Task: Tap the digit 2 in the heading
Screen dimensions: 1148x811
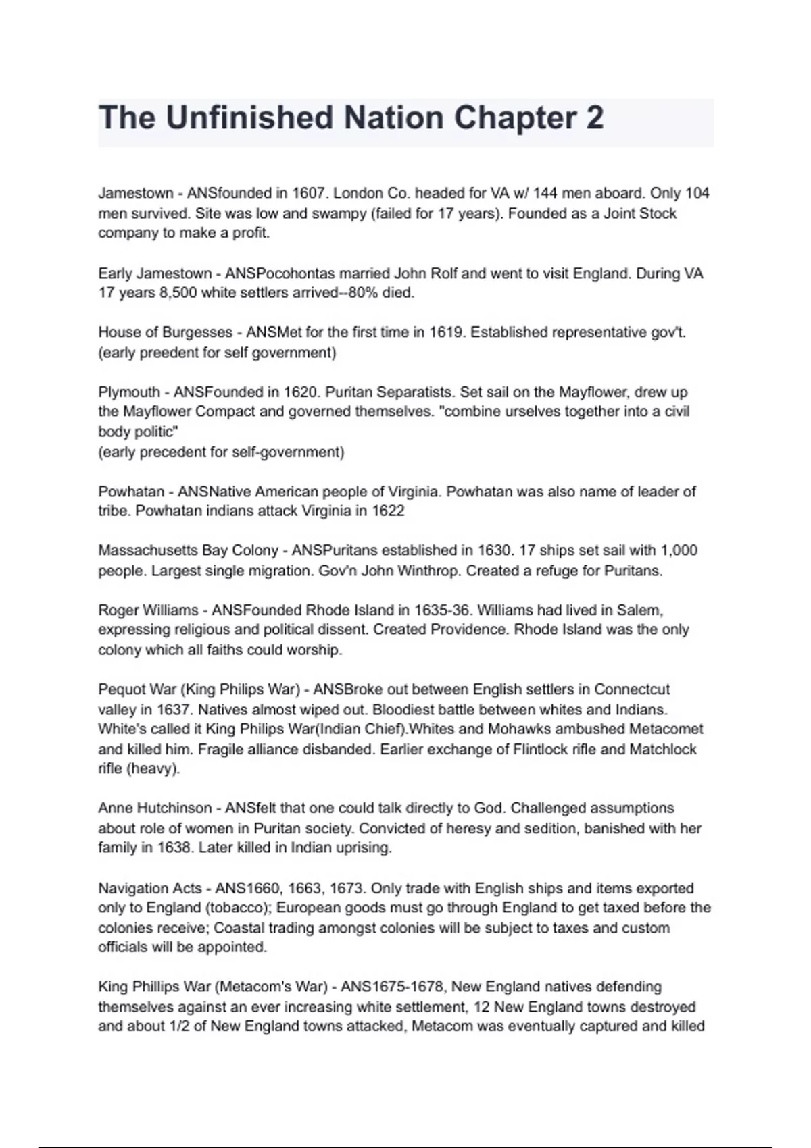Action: click(x=595, y=118)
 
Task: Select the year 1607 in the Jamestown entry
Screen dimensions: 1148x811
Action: click(x=310, y=193)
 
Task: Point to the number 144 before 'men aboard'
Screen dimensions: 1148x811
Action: click(x=545, y=193)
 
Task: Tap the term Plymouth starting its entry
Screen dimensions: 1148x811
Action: click(x=128, y=392)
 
